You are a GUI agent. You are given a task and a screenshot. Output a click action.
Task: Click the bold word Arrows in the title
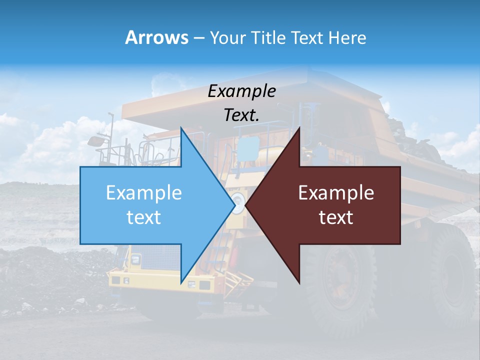click(x=156, y=37)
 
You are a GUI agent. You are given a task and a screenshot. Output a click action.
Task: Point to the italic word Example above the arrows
click(x=241, y=91)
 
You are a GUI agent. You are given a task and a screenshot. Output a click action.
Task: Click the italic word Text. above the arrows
click(x=241, y=115)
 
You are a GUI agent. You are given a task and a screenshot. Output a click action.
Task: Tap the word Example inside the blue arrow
click(x=144, y=192)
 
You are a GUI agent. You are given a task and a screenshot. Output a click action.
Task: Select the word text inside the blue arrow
click(x=144, y=217)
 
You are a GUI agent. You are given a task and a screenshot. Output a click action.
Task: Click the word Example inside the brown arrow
click(x=336, y=192)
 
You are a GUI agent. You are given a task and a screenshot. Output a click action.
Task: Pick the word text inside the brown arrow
click(x=336, y=217)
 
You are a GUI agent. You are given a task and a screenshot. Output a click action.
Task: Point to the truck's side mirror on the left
click(x=96, y=140)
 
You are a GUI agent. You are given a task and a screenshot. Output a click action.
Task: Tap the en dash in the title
click(x=198, y=38)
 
